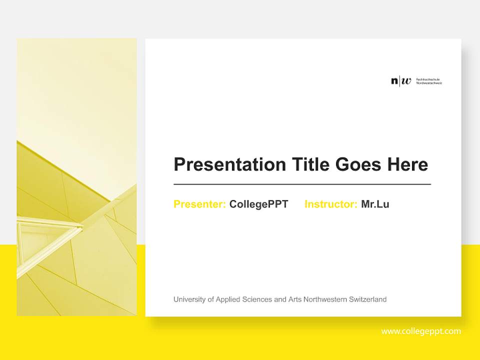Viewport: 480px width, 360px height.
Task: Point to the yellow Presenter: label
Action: click(199, 204)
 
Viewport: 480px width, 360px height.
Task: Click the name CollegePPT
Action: click(258, 204)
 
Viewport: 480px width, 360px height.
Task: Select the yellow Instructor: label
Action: click(330, 204)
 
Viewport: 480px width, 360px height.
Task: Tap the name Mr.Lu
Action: click(375, 204)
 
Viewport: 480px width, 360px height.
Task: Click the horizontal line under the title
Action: click(302, 184)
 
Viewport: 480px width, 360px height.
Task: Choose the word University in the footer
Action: click(189, 299)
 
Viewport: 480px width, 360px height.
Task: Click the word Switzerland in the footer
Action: click(368, 299)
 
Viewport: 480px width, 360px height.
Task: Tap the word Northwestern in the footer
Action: click(325, 299)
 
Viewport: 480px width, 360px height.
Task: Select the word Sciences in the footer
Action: click(257, 299)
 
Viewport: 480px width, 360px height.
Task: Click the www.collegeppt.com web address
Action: click(421, 331)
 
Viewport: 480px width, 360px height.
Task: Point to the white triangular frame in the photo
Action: click(47, 235)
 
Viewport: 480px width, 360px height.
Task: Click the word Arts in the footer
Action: click(294, 299)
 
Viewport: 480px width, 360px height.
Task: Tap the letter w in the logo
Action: click(406, 81)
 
